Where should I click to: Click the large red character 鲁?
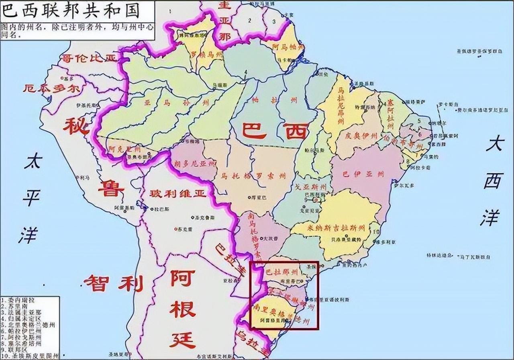[x=106, y=188]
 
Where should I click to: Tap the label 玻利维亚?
[x=178, y=194]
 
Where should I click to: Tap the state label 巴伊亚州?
[x=363, y=174]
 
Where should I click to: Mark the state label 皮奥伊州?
[x=360, y=135]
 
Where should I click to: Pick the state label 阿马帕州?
[x=288, y=47]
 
